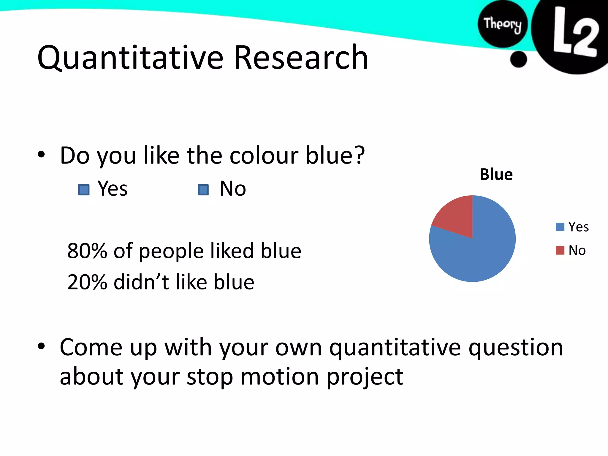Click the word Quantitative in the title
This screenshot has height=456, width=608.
point(130,58)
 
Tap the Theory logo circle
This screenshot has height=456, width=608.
point(502,24)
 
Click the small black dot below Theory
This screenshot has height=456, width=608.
point(518,59)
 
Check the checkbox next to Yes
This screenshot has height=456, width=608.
point(84,190)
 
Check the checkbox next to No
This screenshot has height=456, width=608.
point(203,190)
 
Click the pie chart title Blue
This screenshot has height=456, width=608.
point(496,175)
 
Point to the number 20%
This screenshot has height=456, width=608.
point(87,282)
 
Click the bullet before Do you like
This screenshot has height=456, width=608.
point(41,154)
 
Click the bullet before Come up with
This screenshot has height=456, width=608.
point(41,346)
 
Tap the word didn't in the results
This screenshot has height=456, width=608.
point(141,282)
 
